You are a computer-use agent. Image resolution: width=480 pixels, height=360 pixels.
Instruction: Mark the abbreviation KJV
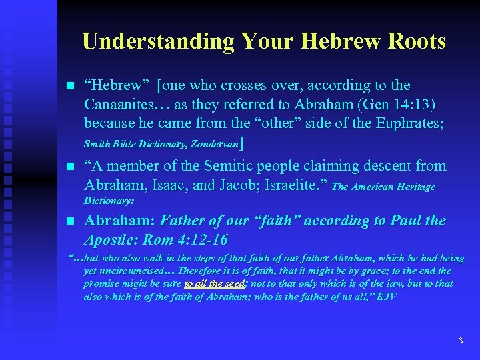click(386, 296)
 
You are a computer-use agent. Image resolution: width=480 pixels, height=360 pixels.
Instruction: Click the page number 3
click(460, 341)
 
